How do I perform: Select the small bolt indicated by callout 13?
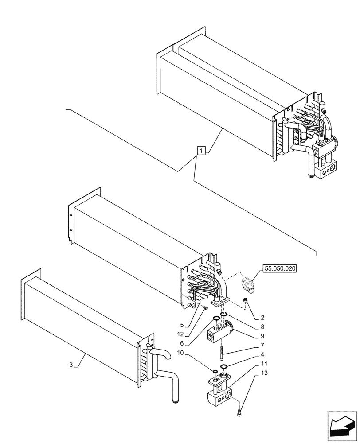(x=240, y=414)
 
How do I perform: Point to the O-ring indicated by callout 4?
(x=224, y=366)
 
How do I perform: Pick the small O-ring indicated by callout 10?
(x=214, y=371)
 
